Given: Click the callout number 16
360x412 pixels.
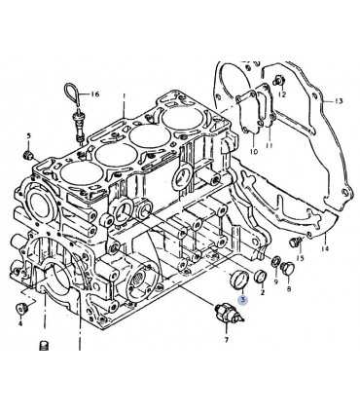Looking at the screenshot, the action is point(94,94).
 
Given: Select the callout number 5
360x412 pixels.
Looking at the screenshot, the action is point(29,135).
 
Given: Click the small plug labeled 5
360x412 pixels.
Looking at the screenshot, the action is point(28,155).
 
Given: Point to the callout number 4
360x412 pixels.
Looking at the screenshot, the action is point(20,323).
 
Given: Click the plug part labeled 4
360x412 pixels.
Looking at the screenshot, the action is point(22,308).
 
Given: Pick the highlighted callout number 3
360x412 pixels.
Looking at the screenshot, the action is point(243,300).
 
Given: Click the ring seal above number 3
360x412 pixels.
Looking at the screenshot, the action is point(238,279).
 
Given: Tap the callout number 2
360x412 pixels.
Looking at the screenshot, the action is point(263,292).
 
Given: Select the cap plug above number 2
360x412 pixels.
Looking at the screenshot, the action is point(260,277).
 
